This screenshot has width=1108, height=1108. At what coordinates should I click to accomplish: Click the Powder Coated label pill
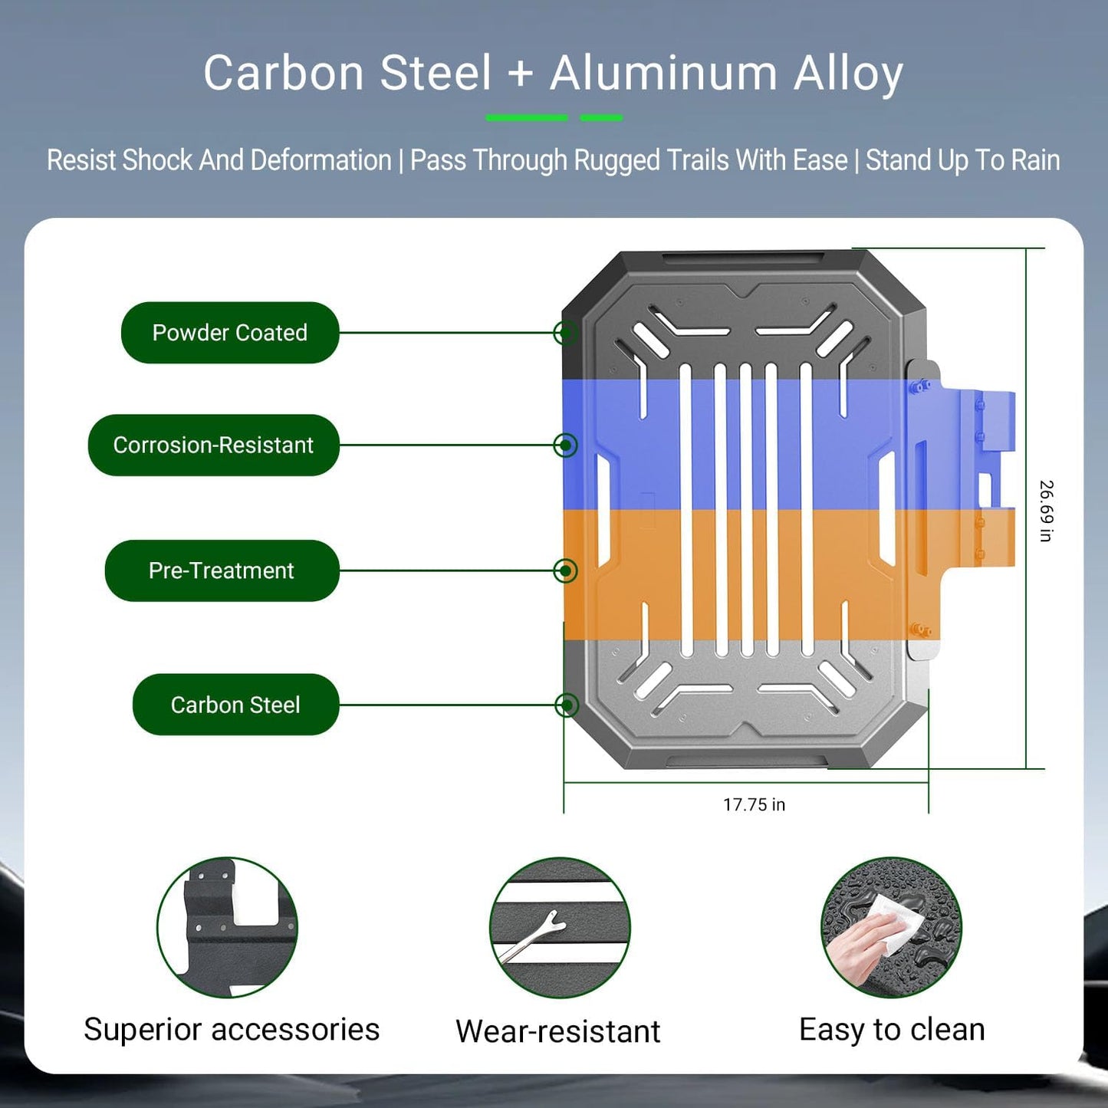[230, 332]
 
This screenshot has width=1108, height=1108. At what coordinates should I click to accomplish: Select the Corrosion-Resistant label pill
[213, 445]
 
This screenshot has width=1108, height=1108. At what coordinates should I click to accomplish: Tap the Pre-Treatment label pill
[222, 570]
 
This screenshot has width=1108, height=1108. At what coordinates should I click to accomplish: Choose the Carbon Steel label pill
[235, 705]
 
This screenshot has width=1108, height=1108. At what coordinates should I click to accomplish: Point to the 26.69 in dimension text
[1047, 511]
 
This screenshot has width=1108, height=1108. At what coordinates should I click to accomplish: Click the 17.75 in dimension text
[754, 804]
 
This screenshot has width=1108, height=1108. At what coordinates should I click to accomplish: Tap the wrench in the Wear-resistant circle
[532, 935]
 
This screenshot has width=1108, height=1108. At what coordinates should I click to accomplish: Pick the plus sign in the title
[521, 75]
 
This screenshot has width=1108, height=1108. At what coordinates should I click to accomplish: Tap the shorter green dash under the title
[601, 118]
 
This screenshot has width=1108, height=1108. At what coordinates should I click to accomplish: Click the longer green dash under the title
[527, 118]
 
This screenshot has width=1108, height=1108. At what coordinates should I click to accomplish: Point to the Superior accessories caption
[232, 1029]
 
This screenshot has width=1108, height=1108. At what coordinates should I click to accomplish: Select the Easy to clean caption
[892, 1029]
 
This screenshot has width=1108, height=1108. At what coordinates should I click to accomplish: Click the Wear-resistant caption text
[557, 1031]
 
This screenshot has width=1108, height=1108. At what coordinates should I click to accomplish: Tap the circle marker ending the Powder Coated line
[566, 332]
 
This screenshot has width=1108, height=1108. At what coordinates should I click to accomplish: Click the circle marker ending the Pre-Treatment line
[566, 570]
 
